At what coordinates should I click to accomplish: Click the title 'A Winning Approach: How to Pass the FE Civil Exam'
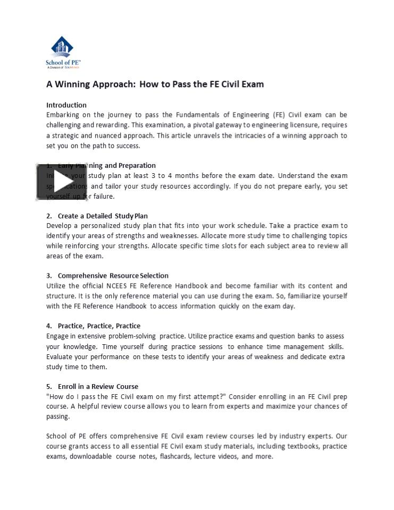(x=155, y=84)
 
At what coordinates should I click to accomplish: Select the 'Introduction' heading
(x=66, y=105)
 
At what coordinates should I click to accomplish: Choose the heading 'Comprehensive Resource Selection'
(x=113, y=275)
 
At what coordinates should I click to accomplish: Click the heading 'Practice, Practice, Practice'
(x=99, y=326)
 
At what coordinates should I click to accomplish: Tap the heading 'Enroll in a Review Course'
(x=98, y=386)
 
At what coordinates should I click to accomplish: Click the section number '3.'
(x=49, y=275)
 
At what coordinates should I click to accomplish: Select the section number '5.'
(x=49, y=386)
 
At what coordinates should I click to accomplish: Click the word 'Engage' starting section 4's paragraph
(x=58, y=336)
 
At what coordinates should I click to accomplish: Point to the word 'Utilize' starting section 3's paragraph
(x=57, y=286)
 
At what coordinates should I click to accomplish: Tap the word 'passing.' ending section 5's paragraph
(x=58, y=416)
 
